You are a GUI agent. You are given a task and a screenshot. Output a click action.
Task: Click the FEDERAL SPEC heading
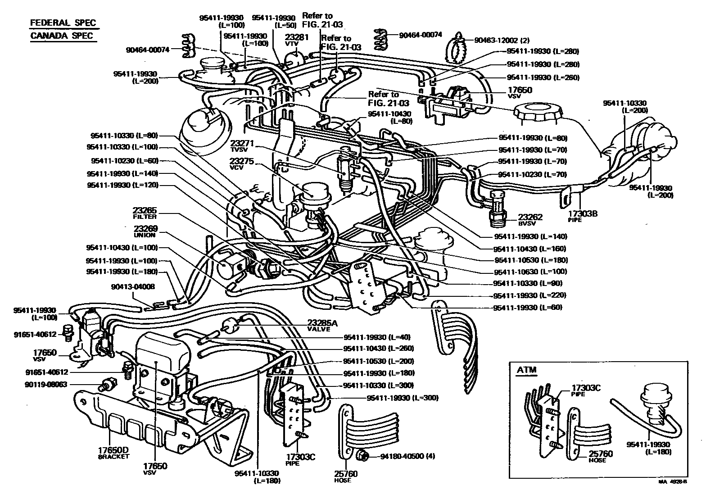pyautogui.click(x=63, y=23)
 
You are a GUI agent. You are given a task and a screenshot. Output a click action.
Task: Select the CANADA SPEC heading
pyautogui.click(x=63, y=36)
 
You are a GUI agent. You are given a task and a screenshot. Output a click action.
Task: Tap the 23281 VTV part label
pyautogui.click(x=297, y=41)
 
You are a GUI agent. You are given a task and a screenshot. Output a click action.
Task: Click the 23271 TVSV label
pyautogui.click(x=243, y=145)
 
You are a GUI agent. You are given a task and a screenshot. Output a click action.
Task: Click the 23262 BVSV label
pyautogui.click(x=530, y=219)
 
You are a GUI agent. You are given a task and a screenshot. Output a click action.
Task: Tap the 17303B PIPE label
pyautogui.click(x=582, y=216)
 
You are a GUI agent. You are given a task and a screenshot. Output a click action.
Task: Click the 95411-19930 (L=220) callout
pyautogui.click(x=529, y=295)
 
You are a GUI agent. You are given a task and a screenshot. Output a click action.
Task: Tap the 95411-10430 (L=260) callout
pyautogui.click(x=378, y=349)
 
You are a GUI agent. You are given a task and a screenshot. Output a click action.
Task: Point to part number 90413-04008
pyautogui.click(x=133, y=286)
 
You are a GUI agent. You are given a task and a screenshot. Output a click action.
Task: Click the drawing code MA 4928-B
pyautogui.click(x=673, y=481)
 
